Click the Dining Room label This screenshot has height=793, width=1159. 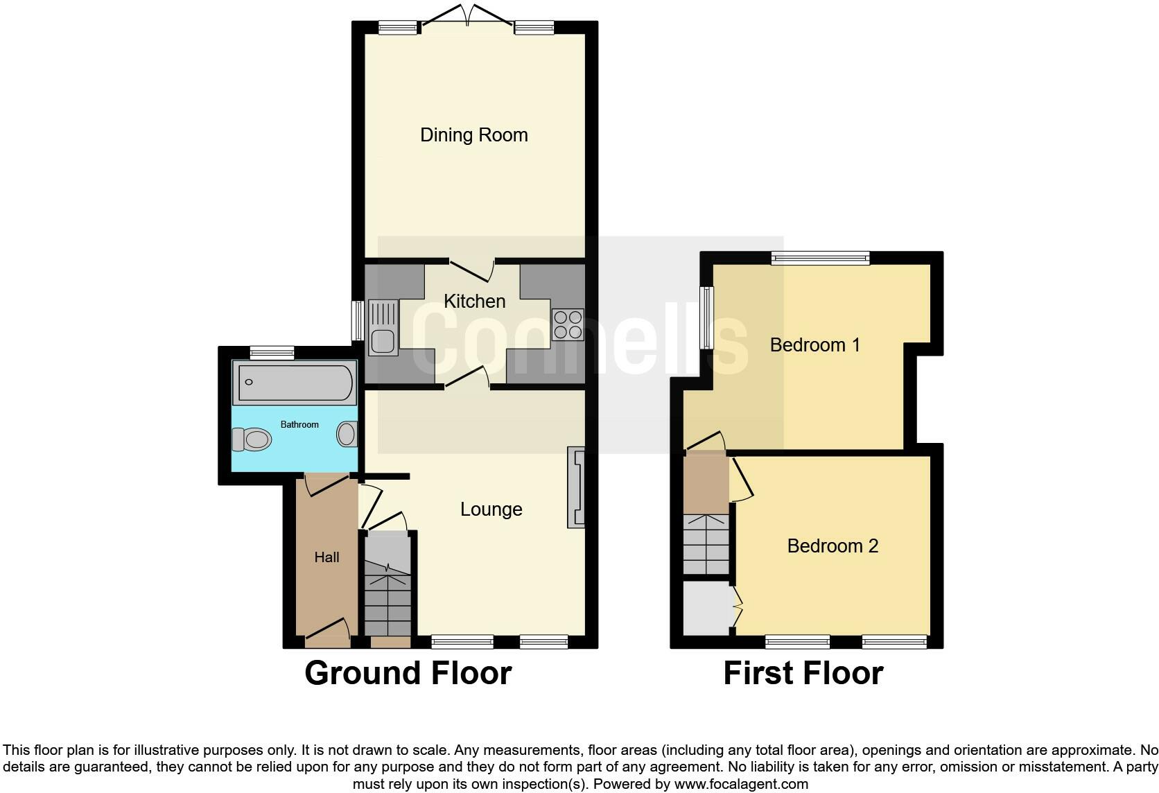pos(473,134)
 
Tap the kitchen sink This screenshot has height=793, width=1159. pos(383,326)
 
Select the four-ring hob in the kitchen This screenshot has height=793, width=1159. pos(568,324)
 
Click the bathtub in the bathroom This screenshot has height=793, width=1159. pos(296,383)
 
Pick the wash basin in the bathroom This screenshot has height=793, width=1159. pos(347,435)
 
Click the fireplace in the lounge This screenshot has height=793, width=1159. pos(577,487)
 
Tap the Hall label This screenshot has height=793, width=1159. pos(326,557)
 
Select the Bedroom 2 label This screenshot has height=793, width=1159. pos(833,546)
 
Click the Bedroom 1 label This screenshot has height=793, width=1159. pos(814,345)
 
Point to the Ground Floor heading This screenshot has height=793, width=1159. pos(408,673)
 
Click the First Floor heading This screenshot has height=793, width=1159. pos(803,673)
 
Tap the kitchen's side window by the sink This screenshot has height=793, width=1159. pos(358,321)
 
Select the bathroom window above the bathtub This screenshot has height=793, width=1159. pos(272,353)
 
